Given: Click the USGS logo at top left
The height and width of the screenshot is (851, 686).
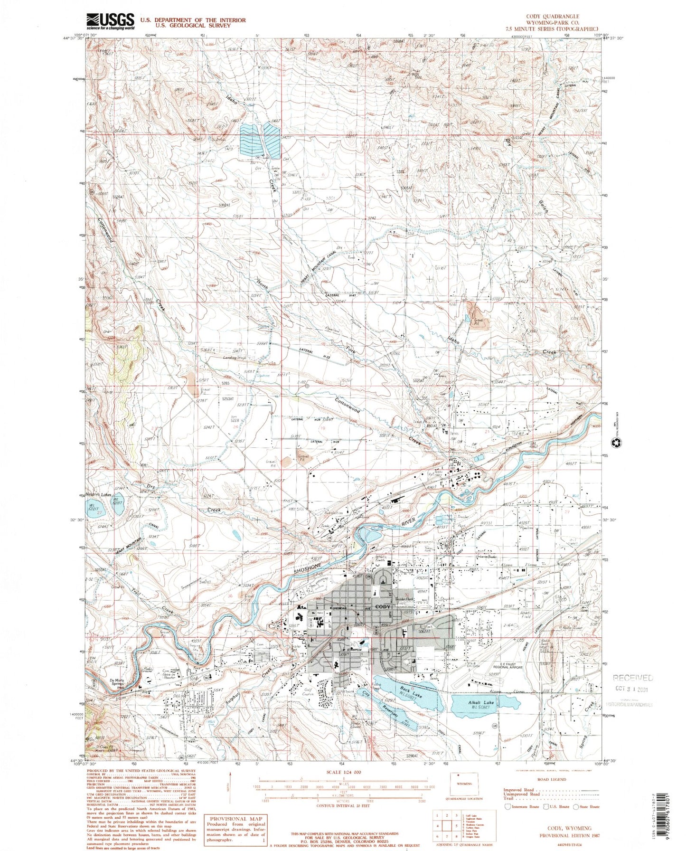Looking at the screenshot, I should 110,21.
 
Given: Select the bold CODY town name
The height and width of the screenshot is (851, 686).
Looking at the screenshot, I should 383,607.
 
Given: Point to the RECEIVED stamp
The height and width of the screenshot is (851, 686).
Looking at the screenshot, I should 633,678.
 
